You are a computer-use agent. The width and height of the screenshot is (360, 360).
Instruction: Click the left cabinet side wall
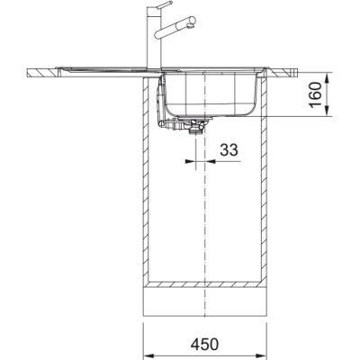point(148,180)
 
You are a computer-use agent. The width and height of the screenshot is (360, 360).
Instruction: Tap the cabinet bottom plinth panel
point(206,291)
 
